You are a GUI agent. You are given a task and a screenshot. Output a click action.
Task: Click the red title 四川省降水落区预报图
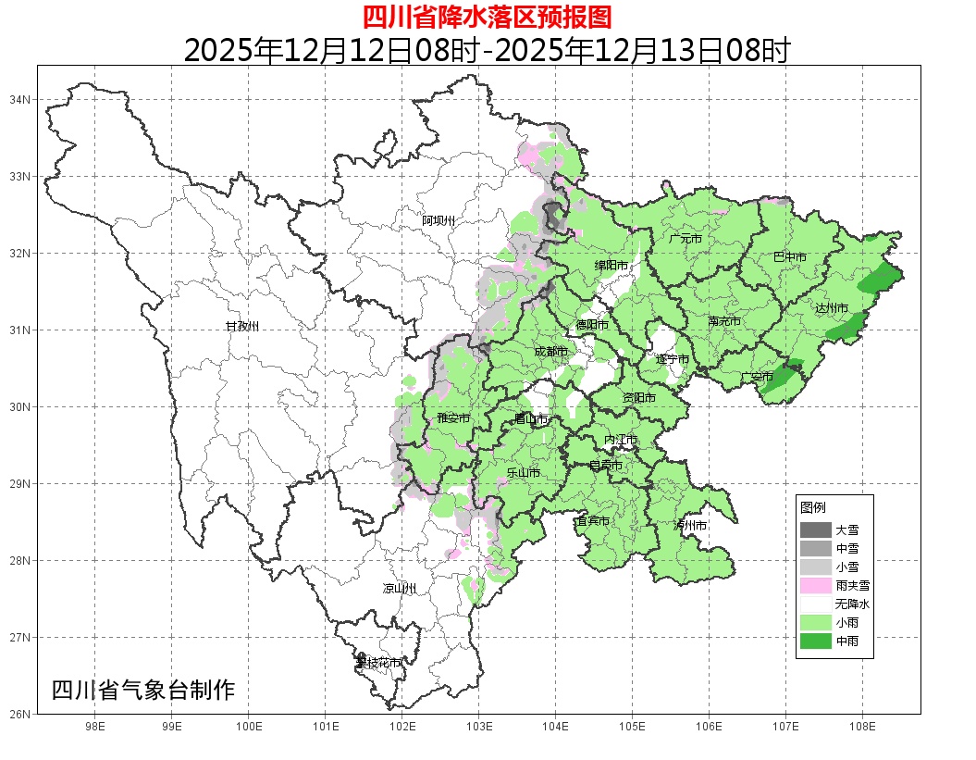pyautogui.click(x=487, y=17)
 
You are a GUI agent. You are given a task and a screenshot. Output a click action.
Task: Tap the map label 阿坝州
pyautogui.click(x=439, y=220)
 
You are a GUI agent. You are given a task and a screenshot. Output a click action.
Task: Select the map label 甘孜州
pyautogui.click(x=242, y=327)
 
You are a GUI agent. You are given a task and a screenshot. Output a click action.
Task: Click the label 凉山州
pyautogui.click(x=400, y=589)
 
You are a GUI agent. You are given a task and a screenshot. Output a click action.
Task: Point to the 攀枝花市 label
pyautogui.click(x=378, y=663)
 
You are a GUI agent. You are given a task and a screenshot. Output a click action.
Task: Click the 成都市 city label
pyautogui.click(x=550, y=352)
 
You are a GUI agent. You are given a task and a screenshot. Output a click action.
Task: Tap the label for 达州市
pyautogui.click(x=832, y=306)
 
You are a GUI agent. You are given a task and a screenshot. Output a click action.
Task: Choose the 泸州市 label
pyautogui.click(x=690, y=525)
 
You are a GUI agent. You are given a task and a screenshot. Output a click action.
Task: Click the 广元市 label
pyautogui.click(x=686, y=239)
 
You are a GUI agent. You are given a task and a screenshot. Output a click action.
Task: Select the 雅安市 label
pyautogui.click(x=453, y=418)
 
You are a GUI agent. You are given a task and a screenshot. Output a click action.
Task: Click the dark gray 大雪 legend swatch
pyautogui.click(x=815, y=530)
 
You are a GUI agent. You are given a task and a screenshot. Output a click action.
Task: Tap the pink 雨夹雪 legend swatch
pyautogui.click(x=815, y=585)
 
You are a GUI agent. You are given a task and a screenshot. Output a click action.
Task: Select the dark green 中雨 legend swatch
pyautogui.click(x=815, y=640)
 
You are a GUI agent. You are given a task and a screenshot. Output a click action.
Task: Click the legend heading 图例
pyautogui.click(x=813, y=508)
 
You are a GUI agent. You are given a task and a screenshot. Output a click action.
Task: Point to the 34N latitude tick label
pyautogui.click(x=20, y=99)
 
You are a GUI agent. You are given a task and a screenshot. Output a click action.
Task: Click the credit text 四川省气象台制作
pyautogui.click(x=143, y=691)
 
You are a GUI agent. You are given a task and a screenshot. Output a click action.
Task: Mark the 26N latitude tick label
pyautogui.click(x=20, y=714)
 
